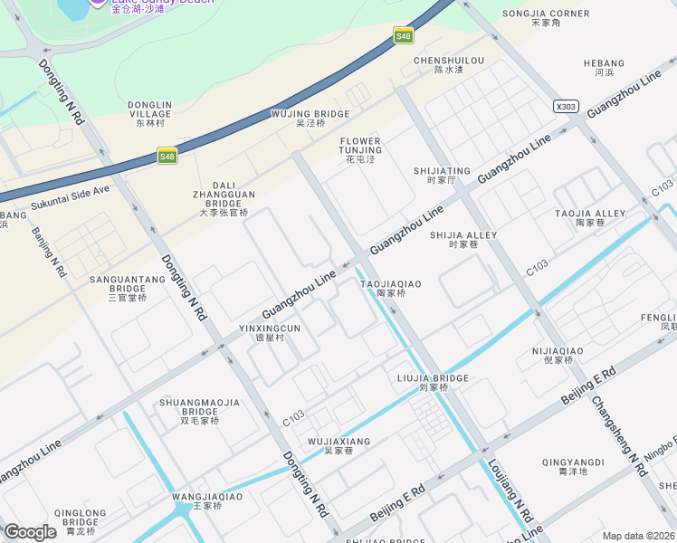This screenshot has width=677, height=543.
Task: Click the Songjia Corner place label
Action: coord(546,17)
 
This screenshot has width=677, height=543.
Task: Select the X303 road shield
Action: coord(566,107)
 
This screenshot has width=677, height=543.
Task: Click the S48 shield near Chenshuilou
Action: coord(403,36)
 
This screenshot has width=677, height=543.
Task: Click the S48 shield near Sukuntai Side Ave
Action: coord(167,157)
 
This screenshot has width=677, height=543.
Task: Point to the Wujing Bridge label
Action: coord(310,118)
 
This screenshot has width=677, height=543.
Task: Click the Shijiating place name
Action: coord(442,175)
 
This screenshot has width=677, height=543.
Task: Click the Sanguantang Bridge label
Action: coord(128,288)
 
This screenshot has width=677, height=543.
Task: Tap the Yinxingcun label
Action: coord(270,332)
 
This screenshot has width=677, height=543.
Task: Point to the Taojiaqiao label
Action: coord(391,288)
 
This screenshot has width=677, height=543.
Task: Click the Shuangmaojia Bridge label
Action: coord(199,411)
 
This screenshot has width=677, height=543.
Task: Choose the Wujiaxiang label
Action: coord(339,445)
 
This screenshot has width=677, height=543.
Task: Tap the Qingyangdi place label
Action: coord(573,466)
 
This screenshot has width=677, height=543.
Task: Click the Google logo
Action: coord(30,531)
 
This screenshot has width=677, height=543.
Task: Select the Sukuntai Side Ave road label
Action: coord(70,197)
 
